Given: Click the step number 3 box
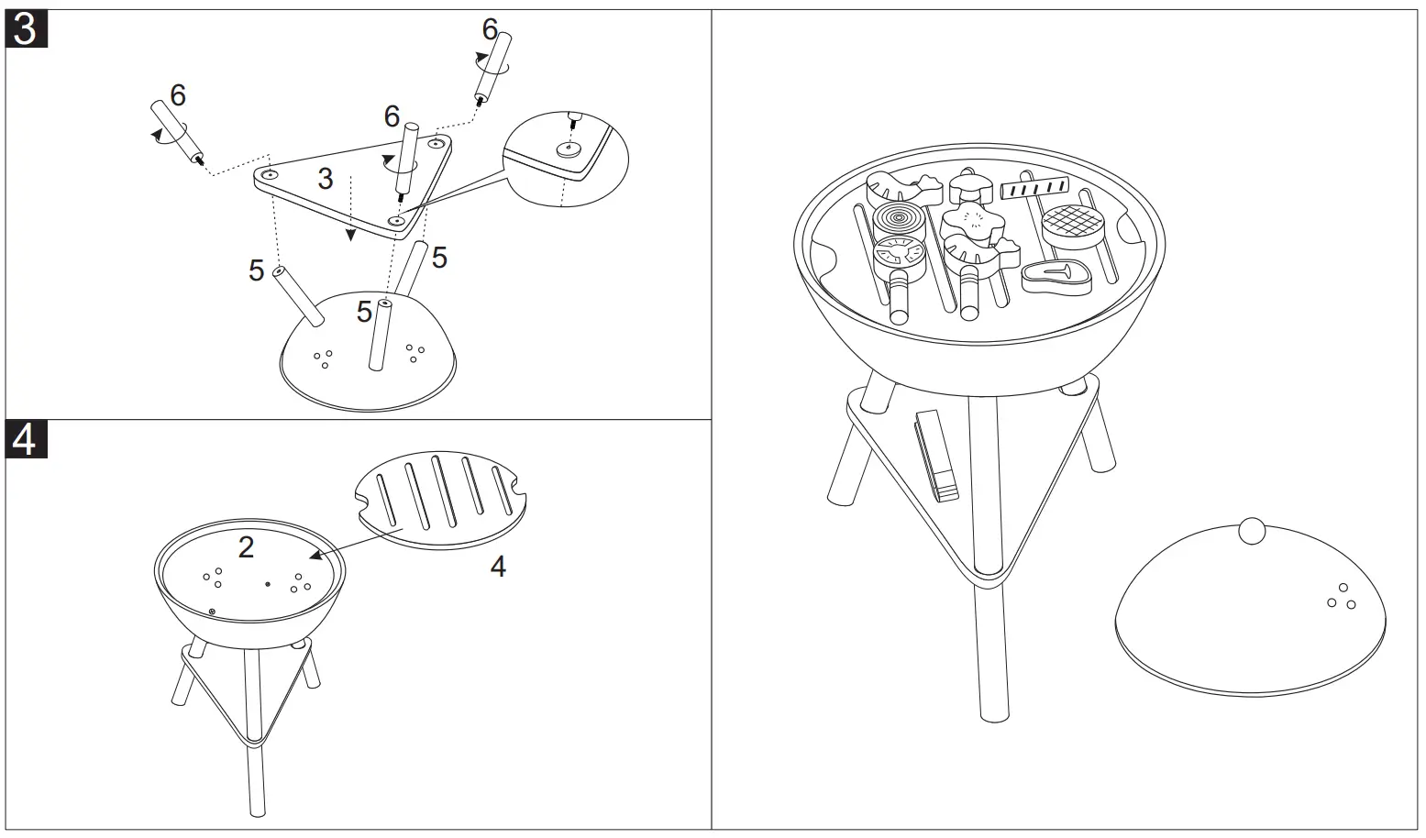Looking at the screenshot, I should tap(26, 28).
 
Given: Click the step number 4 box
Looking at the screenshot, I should tap(26, 439).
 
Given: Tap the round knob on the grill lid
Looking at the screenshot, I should tap(1252, 530).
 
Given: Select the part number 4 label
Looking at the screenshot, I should tap(497, 568).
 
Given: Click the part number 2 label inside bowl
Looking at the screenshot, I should tap(246, 546).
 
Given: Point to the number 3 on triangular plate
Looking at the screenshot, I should tap(326, 178).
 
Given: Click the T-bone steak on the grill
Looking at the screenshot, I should tap(1057, 276).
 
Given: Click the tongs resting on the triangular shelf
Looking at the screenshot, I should tap(936, 454).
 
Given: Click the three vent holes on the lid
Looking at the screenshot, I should tap(1342, 598).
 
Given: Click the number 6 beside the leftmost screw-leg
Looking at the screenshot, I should tap(177, 94).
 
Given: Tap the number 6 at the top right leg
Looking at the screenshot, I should tap(490, 30).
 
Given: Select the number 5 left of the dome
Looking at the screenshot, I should tap(256, 270).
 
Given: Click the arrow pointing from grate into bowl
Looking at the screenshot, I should tap(358, 541).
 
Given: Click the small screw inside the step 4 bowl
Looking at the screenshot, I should tap(212, 611).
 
